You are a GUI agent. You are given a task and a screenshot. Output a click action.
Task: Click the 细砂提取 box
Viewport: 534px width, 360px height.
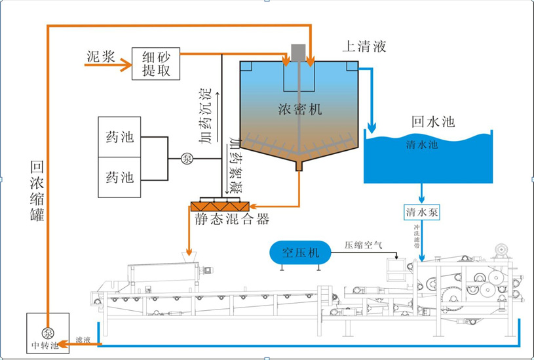[156, 64]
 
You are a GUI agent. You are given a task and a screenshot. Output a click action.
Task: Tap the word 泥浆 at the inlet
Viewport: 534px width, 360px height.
[100, 56]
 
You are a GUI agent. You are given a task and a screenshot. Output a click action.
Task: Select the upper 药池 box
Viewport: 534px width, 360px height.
[119, 137]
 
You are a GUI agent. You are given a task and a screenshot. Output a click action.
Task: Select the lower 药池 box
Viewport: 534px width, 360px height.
[119, 176]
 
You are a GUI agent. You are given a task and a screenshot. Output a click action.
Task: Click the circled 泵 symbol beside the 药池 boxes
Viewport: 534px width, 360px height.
[187, 158]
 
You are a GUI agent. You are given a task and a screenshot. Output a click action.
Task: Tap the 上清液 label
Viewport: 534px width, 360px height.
[364, 47]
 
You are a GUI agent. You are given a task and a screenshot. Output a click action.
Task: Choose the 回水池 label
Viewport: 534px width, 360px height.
[433, 122]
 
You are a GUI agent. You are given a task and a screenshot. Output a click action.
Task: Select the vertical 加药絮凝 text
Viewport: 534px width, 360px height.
[234, 165]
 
